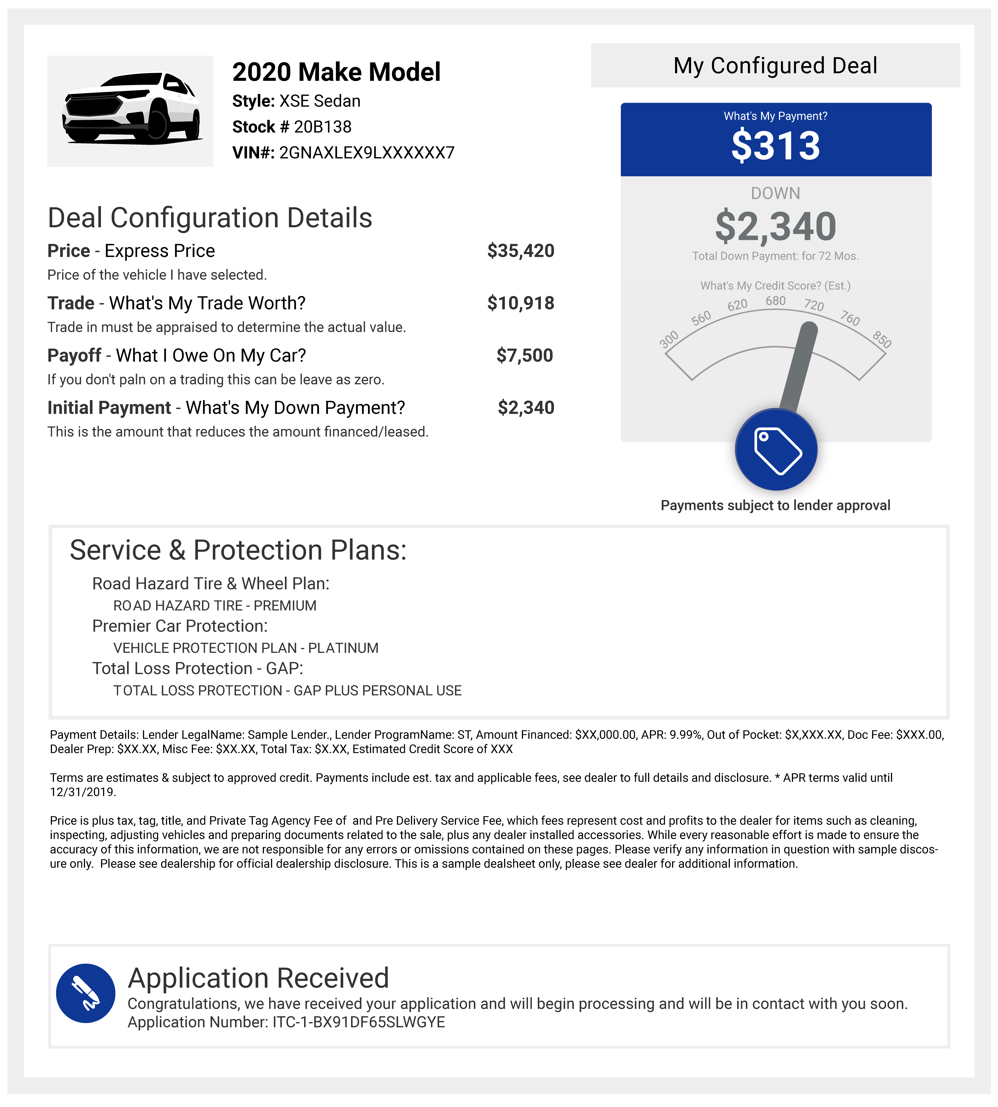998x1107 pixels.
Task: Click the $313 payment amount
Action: pos(775,146)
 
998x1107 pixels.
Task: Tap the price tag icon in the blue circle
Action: pos(776,450)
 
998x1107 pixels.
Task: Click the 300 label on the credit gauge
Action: pos(669,339)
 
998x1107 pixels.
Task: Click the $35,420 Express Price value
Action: pos(520,251)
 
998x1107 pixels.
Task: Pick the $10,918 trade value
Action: pos(520,303)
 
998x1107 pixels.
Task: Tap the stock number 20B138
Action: pos(322,127)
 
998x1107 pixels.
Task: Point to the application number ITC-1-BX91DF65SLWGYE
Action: pos(359,1022)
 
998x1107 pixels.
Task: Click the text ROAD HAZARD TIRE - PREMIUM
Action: pos(214,605)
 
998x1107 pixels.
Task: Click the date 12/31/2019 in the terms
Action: pos(82,792)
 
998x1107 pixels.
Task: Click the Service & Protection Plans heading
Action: pos(238,550)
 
